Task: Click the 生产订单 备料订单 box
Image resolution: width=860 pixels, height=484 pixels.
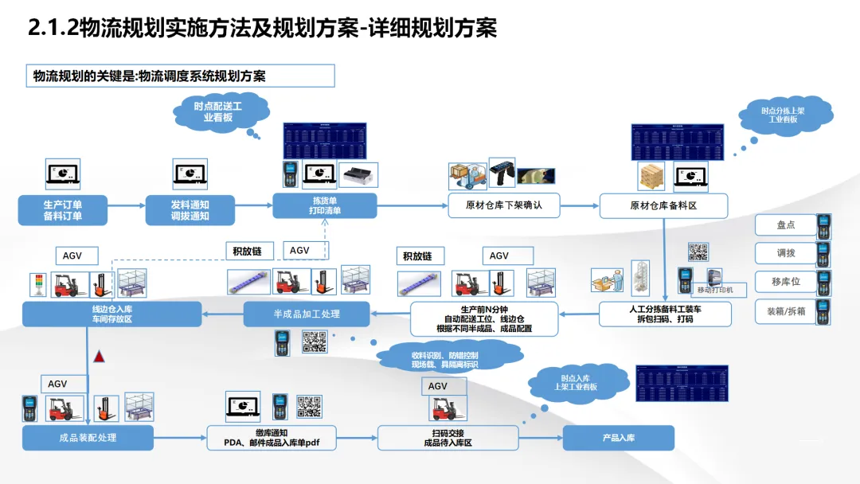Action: point(63,210)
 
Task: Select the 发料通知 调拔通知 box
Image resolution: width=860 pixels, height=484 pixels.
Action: point(190,210)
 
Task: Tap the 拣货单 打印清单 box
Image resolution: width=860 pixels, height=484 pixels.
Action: point(325,205)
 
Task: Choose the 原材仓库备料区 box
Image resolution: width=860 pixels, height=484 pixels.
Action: point(663,205)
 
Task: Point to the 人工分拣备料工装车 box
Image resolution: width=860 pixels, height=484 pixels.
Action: point(665,314)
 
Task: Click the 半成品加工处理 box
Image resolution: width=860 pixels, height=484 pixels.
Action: point(307,314)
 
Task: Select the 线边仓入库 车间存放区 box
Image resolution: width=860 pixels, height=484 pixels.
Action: point(111,314)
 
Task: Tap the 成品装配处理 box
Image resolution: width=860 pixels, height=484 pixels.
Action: point(88,438)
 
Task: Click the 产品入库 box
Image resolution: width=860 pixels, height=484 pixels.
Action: point(619,438)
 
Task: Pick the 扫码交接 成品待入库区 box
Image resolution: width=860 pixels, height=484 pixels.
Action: point(448,438)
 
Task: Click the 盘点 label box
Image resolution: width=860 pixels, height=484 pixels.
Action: point(785,225)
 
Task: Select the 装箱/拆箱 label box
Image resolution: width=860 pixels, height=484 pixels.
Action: point(785,311)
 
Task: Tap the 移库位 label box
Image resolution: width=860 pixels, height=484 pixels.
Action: point(785,283)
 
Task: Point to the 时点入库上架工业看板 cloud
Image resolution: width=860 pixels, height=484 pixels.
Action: point(575,382)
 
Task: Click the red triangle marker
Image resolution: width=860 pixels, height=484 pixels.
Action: point(100,357)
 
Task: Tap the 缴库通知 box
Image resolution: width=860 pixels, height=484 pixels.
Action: point(272,438)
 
